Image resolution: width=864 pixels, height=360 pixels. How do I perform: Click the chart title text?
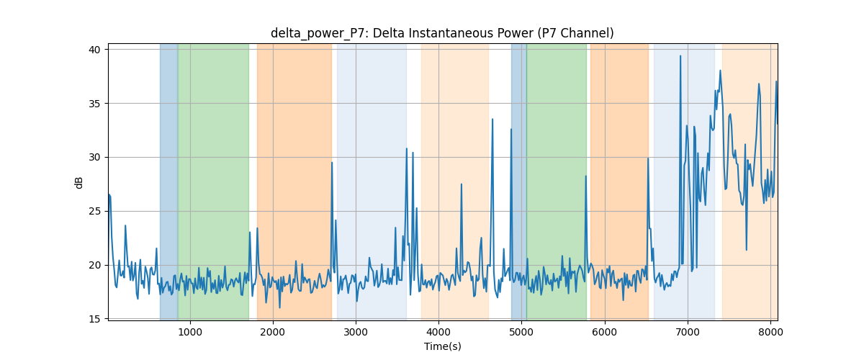[442, 33]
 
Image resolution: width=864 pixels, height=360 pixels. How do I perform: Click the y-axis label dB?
[78, 183]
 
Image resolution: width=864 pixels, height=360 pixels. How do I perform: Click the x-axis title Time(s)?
[442, 346]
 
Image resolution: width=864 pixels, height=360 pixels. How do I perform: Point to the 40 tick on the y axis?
[94, 50]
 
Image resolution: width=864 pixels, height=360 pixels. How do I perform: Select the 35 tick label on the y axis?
[94, 104]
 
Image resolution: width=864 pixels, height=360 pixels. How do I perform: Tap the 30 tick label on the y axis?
[94, 158]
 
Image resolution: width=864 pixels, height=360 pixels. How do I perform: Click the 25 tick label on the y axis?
[94, 212]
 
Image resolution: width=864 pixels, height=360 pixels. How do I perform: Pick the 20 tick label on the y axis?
[94, 266]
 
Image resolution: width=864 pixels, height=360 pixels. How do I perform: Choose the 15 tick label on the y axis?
[94, 319]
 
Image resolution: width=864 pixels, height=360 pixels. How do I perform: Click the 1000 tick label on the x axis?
[190, 332]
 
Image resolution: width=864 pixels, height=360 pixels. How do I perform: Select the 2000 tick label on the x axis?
[273, 332]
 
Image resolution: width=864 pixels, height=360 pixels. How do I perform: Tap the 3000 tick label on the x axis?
[356, 332]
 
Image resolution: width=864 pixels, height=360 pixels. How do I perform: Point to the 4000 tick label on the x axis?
[439, 332]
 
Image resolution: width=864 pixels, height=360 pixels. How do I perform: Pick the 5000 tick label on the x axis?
[522, 332]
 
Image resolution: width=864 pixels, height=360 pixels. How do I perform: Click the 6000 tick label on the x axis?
[605, 332]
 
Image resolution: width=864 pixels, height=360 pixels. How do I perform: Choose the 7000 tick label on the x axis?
[688, 332]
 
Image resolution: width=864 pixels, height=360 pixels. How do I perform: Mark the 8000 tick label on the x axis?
[770, 332]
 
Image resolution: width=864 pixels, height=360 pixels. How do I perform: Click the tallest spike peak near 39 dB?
[680, 56]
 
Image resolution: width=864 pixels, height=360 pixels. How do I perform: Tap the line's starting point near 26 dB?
[109, 194]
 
